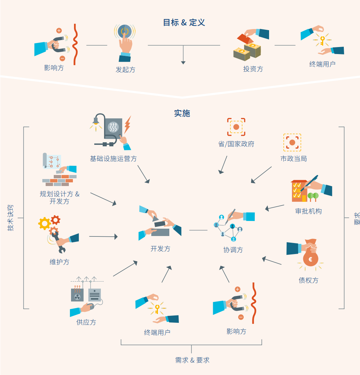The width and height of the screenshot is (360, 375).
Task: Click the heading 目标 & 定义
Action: (x=184, y=22)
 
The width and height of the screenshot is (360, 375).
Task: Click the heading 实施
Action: (x=182, y=113)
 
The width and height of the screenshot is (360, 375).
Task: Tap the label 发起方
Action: (x=125, y=69)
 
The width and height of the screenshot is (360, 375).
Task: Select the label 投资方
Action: (x=253, y=69)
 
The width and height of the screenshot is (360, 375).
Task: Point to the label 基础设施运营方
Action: (x=113, y=158)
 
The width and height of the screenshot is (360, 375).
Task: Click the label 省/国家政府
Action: (x=236, y=144)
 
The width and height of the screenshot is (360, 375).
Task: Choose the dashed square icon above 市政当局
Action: (x=292, y=142)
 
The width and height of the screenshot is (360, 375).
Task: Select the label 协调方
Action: (x=233, y=250)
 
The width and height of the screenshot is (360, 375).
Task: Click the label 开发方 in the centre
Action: (x=160, y=249)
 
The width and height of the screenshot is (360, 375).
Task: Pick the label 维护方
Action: (x=59, y=262)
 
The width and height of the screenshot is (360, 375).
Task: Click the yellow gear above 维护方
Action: (x=45, y=223)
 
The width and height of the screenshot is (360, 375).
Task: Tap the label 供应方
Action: (x=86, y=322)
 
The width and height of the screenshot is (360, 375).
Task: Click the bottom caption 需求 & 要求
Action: (x=192, y=360)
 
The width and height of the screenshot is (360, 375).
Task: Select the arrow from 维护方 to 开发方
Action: (x=103, y=237)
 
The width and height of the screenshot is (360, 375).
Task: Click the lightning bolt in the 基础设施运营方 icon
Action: (x=127, y=125)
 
